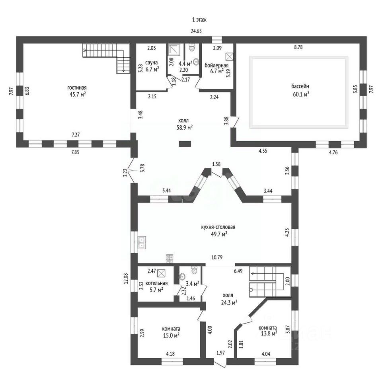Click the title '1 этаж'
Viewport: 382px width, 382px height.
[x=199, y=20]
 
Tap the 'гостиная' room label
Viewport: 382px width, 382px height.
[x=77, y=88]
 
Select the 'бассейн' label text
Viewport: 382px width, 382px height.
[x=300, y=86]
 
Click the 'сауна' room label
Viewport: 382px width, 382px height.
[x=151, y=62]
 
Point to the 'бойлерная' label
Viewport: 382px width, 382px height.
[x=216, y=65]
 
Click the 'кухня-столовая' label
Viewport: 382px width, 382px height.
[x=218, y=227]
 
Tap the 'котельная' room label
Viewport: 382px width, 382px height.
[x=156, y=283]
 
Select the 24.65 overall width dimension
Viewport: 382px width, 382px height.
[x=196, y=31]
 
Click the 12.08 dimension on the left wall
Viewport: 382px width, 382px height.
[x=126, y=278]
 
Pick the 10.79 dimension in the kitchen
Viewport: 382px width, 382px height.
[x=216, y=257]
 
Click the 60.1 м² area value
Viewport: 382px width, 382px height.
[x=301, y=94]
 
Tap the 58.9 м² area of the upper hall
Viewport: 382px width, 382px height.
[x=185, y=127]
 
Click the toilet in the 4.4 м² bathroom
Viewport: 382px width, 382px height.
[x=192, y=47]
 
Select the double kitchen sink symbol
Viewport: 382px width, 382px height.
[x=142, y=242]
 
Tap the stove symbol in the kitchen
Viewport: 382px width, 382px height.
[x=170, y=259]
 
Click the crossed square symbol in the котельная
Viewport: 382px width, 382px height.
[x=161, y=273]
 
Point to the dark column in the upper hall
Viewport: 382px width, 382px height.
[x=185, y=144]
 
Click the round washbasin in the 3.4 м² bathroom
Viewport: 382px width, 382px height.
[x=182, y=277]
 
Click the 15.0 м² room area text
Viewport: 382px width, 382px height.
[x=171, y=335]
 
